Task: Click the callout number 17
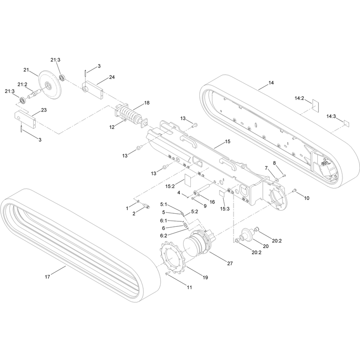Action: pyautogui.click(x=47, y=277)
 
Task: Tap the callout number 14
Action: pyautogui.click(x=271, y=83)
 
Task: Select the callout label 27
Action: pyautogui.click(x=230, y=264)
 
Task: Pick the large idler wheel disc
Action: pyautogui.click(x=50, y=85)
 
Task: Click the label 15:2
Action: pyautogui.click(x=170, y=186)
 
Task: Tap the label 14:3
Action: pyautogui.click(x=331, y=117)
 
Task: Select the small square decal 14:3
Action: pyautogui.click(x=346, y=123)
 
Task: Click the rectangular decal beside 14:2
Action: pyautogui.click(x=316, y=106)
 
